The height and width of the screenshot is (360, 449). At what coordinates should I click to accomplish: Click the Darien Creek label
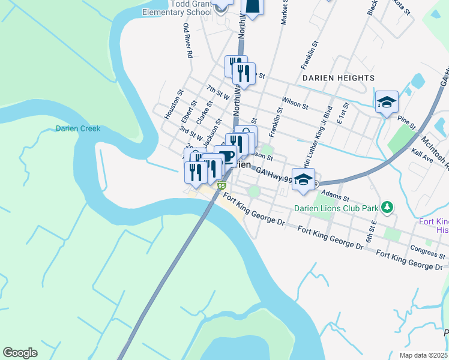pos(78,128)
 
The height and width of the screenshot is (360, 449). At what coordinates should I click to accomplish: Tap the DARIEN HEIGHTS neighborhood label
pos(339,78)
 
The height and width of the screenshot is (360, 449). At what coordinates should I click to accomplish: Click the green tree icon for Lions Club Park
pos(388,208)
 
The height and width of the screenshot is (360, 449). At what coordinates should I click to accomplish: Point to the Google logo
pos(20,353)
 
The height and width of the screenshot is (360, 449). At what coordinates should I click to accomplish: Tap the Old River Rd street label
pos(187,41)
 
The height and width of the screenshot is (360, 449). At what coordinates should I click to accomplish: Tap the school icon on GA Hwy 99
pos(304,179)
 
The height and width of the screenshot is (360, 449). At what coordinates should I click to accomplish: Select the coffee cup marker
pos(225,156)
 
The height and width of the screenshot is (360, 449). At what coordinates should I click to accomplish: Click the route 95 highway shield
pos(221,187)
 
